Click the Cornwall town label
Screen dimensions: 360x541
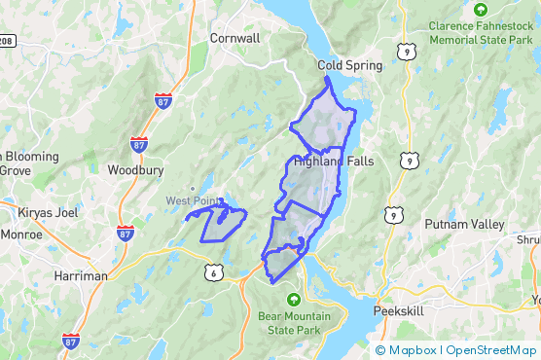[234, 38]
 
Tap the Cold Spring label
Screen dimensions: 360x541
[350, 66]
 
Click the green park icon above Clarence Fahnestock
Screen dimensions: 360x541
[480, 9]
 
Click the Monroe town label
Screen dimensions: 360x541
[21, 234]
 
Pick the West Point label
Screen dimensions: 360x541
[192, 201]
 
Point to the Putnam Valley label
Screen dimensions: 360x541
[464, 225]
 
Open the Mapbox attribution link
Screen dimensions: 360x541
[411, 350]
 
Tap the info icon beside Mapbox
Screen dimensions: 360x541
[379, 350]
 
